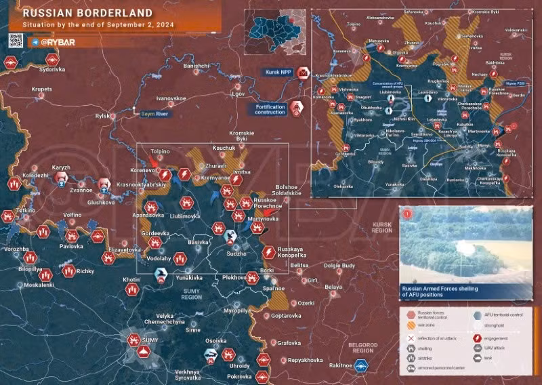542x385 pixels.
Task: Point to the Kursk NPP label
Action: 278,72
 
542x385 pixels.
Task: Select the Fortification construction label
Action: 270,109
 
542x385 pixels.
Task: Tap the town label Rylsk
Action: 102,116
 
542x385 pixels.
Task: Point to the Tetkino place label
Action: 26,211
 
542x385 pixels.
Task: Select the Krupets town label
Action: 41,88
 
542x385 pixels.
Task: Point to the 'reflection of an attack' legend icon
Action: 410,337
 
